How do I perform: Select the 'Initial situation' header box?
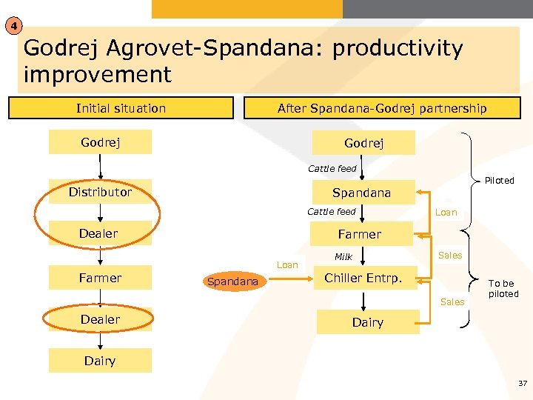[x=121, y=108]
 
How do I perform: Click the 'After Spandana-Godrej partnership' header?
[x=382, y=108]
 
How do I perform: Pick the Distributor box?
[x=100, y=192]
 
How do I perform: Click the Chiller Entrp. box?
[x=363, y=278]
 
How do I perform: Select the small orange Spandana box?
[x=233, y=281]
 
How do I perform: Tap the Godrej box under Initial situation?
[x=100, y=141]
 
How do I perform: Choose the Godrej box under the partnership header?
[x=363, y=143]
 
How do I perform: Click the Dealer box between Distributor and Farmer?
[x=99, y=233]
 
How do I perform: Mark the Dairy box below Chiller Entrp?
[x=367, y=322]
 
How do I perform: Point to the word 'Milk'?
[x=343, y=257]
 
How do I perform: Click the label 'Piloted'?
[x=499, y=181]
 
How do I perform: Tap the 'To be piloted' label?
[x=503, y=289]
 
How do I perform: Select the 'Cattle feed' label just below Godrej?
[x=332, y=168]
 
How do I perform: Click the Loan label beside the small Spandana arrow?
[x=287, y=264]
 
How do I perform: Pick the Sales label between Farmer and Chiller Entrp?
[x=450, y=255]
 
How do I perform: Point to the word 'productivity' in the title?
[x=398, y=49]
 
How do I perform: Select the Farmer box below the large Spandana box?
[x=360, y=234]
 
